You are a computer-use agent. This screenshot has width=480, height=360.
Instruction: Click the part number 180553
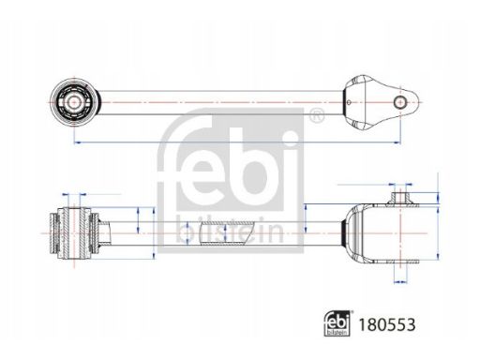click(386, 324)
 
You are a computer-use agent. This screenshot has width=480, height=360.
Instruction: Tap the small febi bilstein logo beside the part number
click(337, 323)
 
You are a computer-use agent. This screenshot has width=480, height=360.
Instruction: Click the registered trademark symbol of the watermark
click(317, 114)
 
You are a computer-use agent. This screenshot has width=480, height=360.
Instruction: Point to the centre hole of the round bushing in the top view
click(74, 102)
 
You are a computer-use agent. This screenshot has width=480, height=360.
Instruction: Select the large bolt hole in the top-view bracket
click(400, 102)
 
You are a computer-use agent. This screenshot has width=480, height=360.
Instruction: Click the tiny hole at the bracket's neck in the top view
click(349, 102)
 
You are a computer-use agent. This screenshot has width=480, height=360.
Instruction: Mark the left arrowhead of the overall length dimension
click(77, 142)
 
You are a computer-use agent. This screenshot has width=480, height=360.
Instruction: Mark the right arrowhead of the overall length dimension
click(397, 142)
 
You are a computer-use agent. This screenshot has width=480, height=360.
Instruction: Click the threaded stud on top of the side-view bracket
click(400, 198)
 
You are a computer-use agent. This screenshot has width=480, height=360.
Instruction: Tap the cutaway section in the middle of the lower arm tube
click(226, 233)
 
